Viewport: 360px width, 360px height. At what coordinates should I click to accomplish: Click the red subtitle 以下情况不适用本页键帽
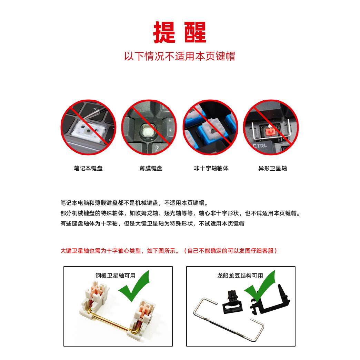[180, 56]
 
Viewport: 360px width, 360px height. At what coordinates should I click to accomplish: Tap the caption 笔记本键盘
[88, 168]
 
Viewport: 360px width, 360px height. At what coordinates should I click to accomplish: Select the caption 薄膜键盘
[151, 168]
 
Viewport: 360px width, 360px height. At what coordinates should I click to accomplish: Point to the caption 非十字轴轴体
[211, 168]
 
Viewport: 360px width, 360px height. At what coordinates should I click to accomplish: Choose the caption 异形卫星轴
[272, 168]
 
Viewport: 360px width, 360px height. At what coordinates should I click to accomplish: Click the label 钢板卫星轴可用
[116, 276]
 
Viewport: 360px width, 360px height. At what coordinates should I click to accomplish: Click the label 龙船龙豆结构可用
[240, 276]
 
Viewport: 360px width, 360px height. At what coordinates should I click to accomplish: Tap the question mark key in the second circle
[157, 149]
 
